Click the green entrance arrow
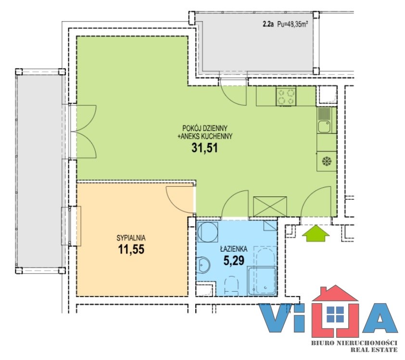click(316, 233)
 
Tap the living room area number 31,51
click(204, 148)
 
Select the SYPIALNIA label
click(131, 238)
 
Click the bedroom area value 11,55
click(131, 249)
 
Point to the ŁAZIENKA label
click(234, 249)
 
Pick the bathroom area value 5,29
click(234, 260)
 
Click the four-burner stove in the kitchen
click(286, 96)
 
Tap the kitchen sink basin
click(324, 127)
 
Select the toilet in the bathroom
click(231, 286)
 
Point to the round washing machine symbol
click(207, 232)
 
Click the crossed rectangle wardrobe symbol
click(270, 206)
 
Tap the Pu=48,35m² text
click(292, 25)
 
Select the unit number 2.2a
click(268, 25)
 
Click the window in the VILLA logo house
click(335, 314)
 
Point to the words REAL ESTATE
click(374, 350)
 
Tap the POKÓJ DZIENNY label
click(205, 128)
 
